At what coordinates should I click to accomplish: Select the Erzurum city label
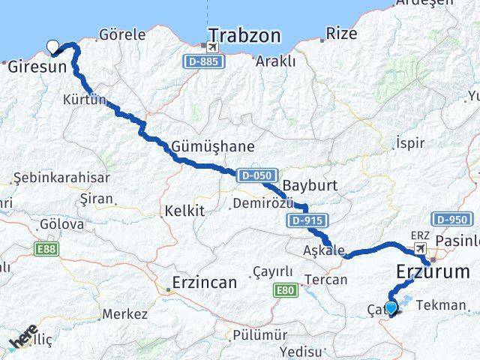click(435, 271)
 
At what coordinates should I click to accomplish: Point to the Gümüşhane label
click(213, 146)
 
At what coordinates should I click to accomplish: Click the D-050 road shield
click(256, 175)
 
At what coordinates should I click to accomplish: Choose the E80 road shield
click(286, 289)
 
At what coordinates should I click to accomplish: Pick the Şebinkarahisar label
click(62, 178)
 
